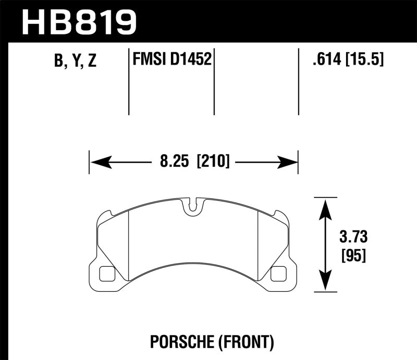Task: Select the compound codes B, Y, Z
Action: (x=74, y=61)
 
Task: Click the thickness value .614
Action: (x=323, y=60)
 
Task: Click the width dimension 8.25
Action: (x=174, y=162)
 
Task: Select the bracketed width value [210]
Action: (x=213, y=162)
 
